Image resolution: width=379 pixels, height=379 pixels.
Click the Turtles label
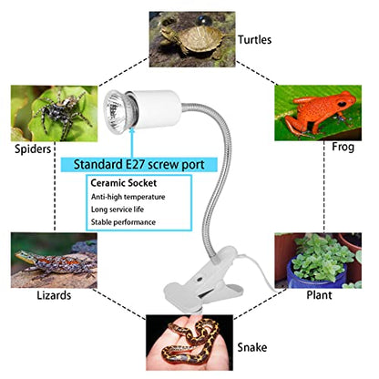(x=254, y=40)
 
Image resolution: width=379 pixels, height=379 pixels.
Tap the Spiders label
(x=33, y=149)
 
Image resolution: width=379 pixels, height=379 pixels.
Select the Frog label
(x=343, y=147)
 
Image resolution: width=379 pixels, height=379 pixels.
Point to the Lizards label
(x=54, y=295)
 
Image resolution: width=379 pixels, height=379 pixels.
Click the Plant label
(x=319, y=295)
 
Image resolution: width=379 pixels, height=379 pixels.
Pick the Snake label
(x=252, y=347)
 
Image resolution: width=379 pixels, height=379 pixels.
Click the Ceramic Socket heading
(x=124, y=183)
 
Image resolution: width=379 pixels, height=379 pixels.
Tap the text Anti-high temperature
(x=128, y=197)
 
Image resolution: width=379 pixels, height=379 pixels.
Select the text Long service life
(x=118, y=210)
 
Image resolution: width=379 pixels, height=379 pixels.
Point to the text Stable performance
(x=123, y=222)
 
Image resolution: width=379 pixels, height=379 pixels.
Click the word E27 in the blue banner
(x=132, y=165)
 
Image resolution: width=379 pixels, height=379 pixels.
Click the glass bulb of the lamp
(x=117, y=109)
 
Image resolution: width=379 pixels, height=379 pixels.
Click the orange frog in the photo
(x=323, y=113)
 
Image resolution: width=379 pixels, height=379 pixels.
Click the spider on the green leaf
(x=62, y=115)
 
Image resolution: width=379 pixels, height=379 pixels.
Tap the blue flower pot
(x=318, y=273)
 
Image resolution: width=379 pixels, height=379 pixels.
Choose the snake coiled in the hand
(x=191, y=340)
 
